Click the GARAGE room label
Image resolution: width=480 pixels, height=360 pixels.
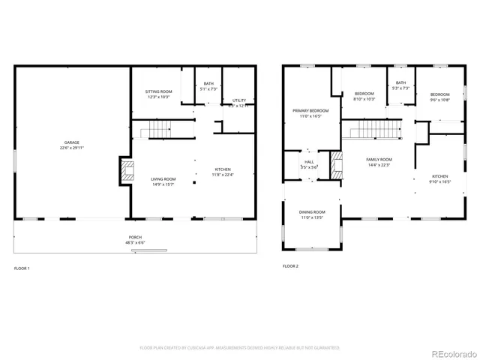coord(73,141)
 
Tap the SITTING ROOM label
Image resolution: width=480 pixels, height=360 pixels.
coord(158,91)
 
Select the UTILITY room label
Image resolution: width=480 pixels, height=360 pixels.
coord(238,100)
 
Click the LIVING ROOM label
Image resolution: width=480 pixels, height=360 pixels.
coord(163,178)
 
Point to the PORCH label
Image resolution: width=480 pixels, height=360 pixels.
coord(135,237)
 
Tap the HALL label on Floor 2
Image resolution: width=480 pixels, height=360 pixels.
coord(309,161)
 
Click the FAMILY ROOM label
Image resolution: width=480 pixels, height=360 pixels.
coord(379,160)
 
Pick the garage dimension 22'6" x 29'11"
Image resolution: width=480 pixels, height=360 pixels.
coord(73,147)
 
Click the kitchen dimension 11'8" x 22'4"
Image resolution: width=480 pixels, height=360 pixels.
coord(223,175)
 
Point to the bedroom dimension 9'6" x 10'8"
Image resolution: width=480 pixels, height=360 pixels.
coord(439,100)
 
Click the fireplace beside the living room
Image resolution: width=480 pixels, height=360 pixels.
coord(123,171)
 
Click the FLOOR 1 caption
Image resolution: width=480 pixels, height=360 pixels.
coord(23,267)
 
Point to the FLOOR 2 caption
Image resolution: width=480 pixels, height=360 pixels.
coord(290,266)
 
